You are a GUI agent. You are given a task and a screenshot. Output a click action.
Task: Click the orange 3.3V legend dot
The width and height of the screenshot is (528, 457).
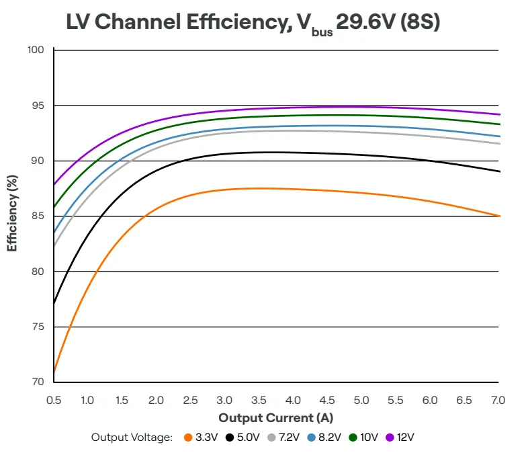point(188,438)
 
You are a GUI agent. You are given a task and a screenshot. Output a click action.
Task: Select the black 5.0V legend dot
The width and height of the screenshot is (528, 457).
point(230,438)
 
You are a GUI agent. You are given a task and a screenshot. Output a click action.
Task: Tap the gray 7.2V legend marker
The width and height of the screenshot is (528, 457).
point(271,438)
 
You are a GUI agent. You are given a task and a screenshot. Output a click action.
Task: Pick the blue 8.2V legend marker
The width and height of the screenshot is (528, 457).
point(312,438)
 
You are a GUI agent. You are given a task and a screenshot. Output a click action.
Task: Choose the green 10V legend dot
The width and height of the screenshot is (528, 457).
point(353,438)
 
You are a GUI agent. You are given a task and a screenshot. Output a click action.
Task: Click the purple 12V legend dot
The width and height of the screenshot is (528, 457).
point(390,438)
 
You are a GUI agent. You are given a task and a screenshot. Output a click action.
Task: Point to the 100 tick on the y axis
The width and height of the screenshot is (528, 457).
point(36,50)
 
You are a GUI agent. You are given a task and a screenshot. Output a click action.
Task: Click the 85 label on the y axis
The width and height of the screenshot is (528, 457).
point(38,216)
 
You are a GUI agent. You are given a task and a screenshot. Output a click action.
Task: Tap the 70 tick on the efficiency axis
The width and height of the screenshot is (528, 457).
point(38,382)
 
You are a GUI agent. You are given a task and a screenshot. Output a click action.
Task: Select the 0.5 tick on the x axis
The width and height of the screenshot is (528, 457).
point(54,400)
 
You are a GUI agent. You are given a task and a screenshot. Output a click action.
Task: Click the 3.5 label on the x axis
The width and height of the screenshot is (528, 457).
point(259,400)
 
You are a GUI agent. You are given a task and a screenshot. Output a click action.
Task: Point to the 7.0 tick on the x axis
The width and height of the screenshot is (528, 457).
point(498,400)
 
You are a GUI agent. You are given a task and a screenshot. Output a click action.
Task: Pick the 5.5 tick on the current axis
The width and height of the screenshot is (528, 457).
point(395,400)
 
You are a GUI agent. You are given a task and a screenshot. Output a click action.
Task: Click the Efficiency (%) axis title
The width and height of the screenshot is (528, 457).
point(12,213)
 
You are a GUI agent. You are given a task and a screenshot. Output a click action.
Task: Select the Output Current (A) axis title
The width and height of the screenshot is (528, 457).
point(276,418)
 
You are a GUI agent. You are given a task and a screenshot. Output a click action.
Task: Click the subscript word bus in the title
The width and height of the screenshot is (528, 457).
point(322,32)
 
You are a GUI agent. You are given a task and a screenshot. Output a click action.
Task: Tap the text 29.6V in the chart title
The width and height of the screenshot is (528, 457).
point(365,22)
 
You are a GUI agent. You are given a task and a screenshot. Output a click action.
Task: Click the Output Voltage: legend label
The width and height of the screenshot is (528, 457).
point(132,438)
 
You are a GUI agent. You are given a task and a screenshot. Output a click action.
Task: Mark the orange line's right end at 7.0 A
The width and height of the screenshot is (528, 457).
point(500,216)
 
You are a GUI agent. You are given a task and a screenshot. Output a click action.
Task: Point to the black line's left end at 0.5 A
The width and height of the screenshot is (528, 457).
point(54,303)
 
